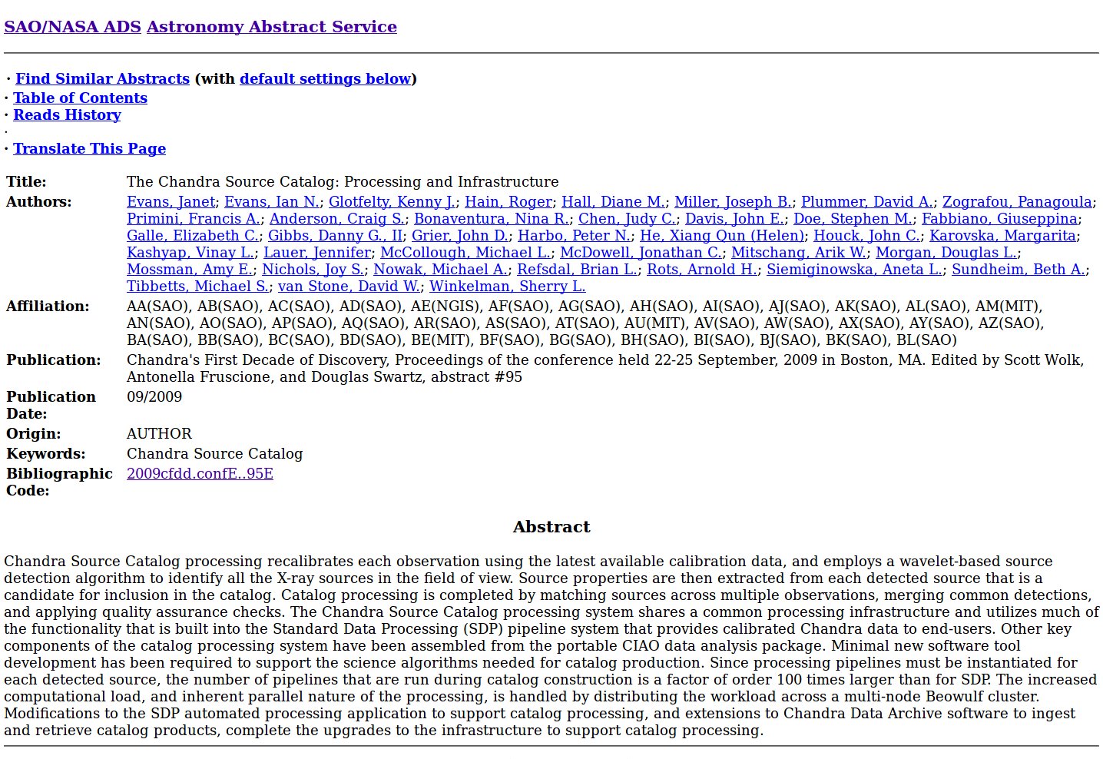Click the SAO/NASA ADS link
click(72, 27)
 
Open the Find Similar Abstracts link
click(102, 79)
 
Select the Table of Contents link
click(80, 98)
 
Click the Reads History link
click(67, 115)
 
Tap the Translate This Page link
click(89, 149)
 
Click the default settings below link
click(325, 79)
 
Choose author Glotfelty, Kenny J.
click(392, 202)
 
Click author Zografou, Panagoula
click(1017, 202)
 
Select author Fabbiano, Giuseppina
click(999, 219)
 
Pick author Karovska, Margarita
click(1002, 236)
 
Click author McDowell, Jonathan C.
click(641, 253)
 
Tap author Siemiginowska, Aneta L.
click(854, 270)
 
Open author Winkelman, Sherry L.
click(507, 287)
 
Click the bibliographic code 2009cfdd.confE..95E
click(200, 474)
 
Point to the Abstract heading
click(551, 527)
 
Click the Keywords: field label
click(46, 454)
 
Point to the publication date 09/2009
click(154, 397)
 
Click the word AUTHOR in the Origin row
click(159, 434)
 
